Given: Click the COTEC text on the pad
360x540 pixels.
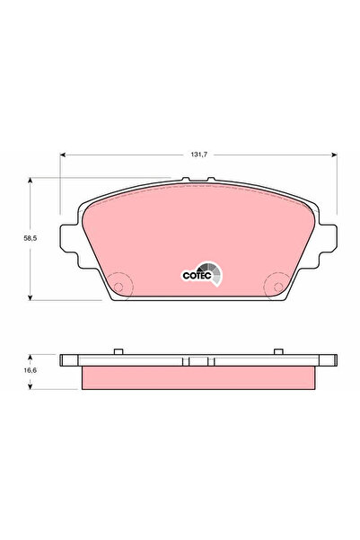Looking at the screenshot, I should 196,276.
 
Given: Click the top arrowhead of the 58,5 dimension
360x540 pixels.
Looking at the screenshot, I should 33,180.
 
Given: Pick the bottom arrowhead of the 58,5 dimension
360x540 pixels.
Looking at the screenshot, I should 33,297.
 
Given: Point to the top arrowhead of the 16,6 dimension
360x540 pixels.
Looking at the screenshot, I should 33,356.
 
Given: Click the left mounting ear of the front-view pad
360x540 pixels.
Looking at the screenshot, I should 68,238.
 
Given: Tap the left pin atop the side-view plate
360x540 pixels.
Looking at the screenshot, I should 119,350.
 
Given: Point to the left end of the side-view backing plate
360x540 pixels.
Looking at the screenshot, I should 65,361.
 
